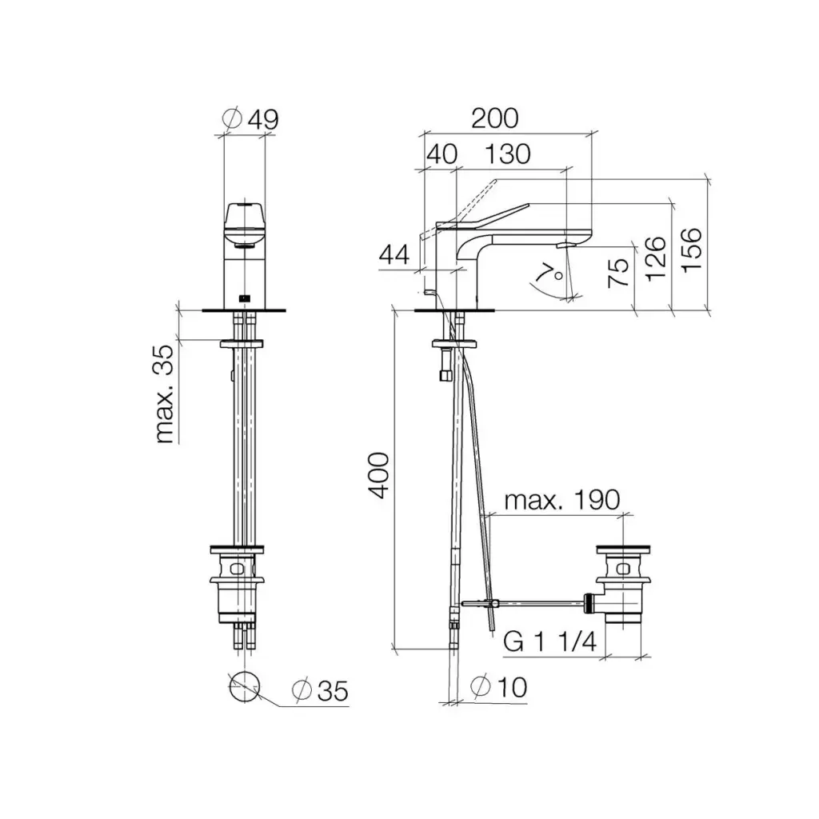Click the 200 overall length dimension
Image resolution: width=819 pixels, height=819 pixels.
(x=494, y=118)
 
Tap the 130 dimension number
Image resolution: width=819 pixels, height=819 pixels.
(x=508, y=154)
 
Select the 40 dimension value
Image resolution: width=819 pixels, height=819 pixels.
(x=442, y=154)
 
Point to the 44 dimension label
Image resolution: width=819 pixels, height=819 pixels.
(x=394, y=255)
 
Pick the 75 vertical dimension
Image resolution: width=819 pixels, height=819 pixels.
(x=618, y=273)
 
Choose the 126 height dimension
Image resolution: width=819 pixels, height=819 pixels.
(x=656, y=259)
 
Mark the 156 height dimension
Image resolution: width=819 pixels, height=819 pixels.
(x=691, y=250)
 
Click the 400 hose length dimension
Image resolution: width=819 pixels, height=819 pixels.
(x=378, y=476)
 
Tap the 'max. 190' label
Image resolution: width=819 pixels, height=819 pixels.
(x=562, y=501)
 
